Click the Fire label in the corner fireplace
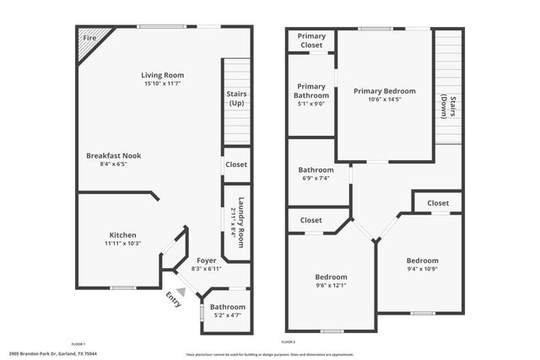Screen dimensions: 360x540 coord(89,39)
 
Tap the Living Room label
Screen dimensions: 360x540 coord(163,75)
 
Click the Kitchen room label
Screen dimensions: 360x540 coord(122,235)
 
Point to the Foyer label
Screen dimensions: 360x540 coord(207,261)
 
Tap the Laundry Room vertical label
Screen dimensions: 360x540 coord(241,222)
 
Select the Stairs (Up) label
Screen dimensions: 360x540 coord(236,98)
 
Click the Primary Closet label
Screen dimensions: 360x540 coord(312,40)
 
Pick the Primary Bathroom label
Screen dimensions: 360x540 coord(311,91)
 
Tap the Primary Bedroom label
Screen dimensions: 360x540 coord(384,91)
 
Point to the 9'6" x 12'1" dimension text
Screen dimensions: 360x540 coord(332,285)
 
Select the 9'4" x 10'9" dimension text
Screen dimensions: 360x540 coord(422,270)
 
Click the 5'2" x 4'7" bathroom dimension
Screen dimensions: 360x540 coord(227,315)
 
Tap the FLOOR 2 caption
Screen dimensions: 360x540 coord(289,342)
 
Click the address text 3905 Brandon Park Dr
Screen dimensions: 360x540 coord(40,354)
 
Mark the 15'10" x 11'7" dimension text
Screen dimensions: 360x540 coord(163,83)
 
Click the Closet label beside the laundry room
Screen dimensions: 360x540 coord(236,164)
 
